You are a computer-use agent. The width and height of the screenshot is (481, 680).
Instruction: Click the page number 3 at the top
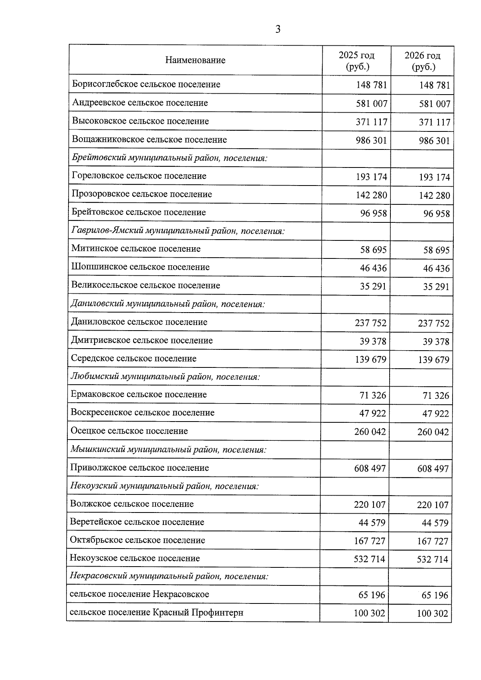click(x=278, y=29)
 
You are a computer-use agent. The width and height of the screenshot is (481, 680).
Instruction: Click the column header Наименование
click(x=195, y=61)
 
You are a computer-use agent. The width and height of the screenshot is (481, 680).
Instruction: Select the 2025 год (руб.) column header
click(x=356, y=61)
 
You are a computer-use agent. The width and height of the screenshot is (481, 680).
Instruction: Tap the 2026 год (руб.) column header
click(x=422, y=61)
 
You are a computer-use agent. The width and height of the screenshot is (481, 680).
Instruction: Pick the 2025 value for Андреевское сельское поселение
click(x=372, y=104)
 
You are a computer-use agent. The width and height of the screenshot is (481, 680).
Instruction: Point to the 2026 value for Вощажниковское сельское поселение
click(x=435, y=141)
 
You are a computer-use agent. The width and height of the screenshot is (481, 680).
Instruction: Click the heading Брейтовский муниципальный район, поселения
click(x=170, y=158)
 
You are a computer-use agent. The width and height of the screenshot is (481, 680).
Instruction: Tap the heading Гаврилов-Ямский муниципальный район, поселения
click(x=178, y=231)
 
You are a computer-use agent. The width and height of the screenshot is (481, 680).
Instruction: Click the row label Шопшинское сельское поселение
click(x=140, y=267)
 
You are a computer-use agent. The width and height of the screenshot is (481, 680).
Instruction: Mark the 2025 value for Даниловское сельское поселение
click(x=371, y=323)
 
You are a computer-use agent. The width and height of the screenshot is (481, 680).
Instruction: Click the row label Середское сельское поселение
click(x=133, y=359)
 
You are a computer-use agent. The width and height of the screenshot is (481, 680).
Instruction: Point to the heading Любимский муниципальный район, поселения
click(x=165, y=377)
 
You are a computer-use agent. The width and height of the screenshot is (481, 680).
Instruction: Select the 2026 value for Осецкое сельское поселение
click(x=433, y=432)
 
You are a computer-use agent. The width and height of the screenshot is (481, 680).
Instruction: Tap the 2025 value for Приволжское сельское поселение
click(x=370, y=468)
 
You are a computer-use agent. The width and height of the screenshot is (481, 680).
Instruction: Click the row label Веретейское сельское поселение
click(x=137, y=522)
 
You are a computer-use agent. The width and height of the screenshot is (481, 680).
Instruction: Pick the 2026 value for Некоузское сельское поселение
click(x=432, y=559)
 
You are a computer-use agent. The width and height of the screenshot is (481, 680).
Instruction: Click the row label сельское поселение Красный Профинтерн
click(x=156, y=613)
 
